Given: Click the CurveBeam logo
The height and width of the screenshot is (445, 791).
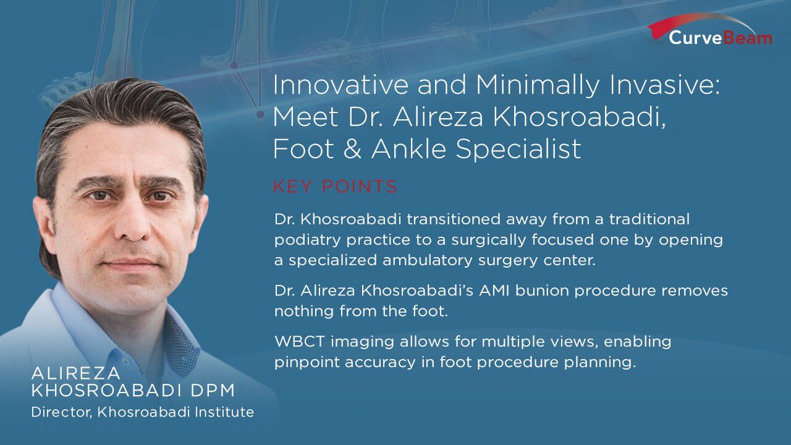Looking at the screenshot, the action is tap(710, 30).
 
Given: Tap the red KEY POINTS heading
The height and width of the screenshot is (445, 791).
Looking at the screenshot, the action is tap(335, 187).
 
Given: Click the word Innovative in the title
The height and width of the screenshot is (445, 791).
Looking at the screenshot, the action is tap(341, 85).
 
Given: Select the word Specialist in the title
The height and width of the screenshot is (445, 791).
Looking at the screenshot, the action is tap(518, 149).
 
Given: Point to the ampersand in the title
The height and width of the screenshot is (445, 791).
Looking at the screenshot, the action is tap(352, 149).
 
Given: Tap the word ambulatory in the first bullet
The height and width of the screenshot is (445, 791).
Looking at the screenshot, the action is tap(427, 260).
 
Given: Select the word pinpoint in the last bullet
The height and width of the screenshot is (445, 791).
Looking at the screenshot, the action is tap(307, 362).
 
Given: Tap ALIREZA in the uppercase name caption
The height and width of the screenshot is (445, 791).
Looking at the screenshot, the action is tap(76, 373).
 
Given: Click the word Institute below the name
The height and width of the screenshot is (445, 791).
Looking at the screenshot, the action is tap(224, 412).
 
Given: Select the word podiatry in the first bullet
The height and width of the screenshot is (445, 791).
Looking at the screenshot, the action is tap(307, 240).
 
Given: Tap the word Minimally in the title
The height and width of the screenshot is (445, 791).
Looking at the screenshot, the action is tap(538, 85).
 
